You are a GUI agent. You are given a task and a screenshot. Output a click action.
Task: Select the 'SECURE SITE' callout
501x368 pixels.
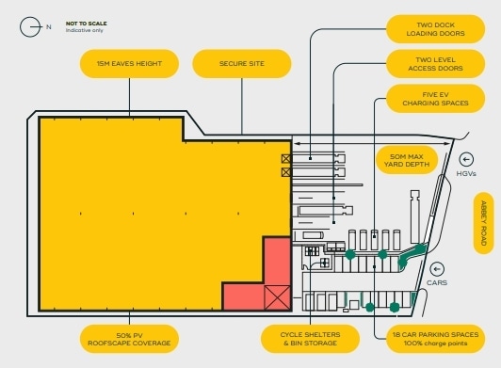coord(242,64)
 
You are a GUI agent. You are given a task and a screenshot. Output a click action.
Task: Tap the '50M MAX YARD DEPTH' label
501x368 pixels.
coord(407,160)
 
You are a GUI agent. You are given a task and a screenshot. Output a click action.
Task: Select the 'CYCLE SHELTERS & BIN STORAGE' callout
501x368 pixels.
coord(311,339)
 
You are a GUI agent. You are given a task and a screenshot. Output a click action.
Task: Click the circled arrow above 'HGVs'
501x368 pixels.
coord(465,159)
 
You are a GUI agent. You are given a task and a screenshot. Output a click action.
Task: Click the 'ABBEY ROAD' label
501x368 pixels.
coord(483,222)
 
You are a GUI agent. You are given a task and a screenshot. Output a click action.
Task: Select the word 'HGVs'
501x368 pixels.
coord(466,174)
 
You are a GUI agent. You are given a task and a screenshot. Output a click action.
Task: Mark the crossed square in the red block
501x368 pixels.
coord(277,297)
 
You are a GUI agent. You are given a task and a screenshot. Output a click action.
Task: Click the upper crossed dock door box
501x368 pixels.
coord(285,159)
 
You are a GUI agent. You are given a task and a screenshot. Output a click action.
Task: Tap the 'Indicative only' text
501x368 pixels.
coord(83,31)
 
